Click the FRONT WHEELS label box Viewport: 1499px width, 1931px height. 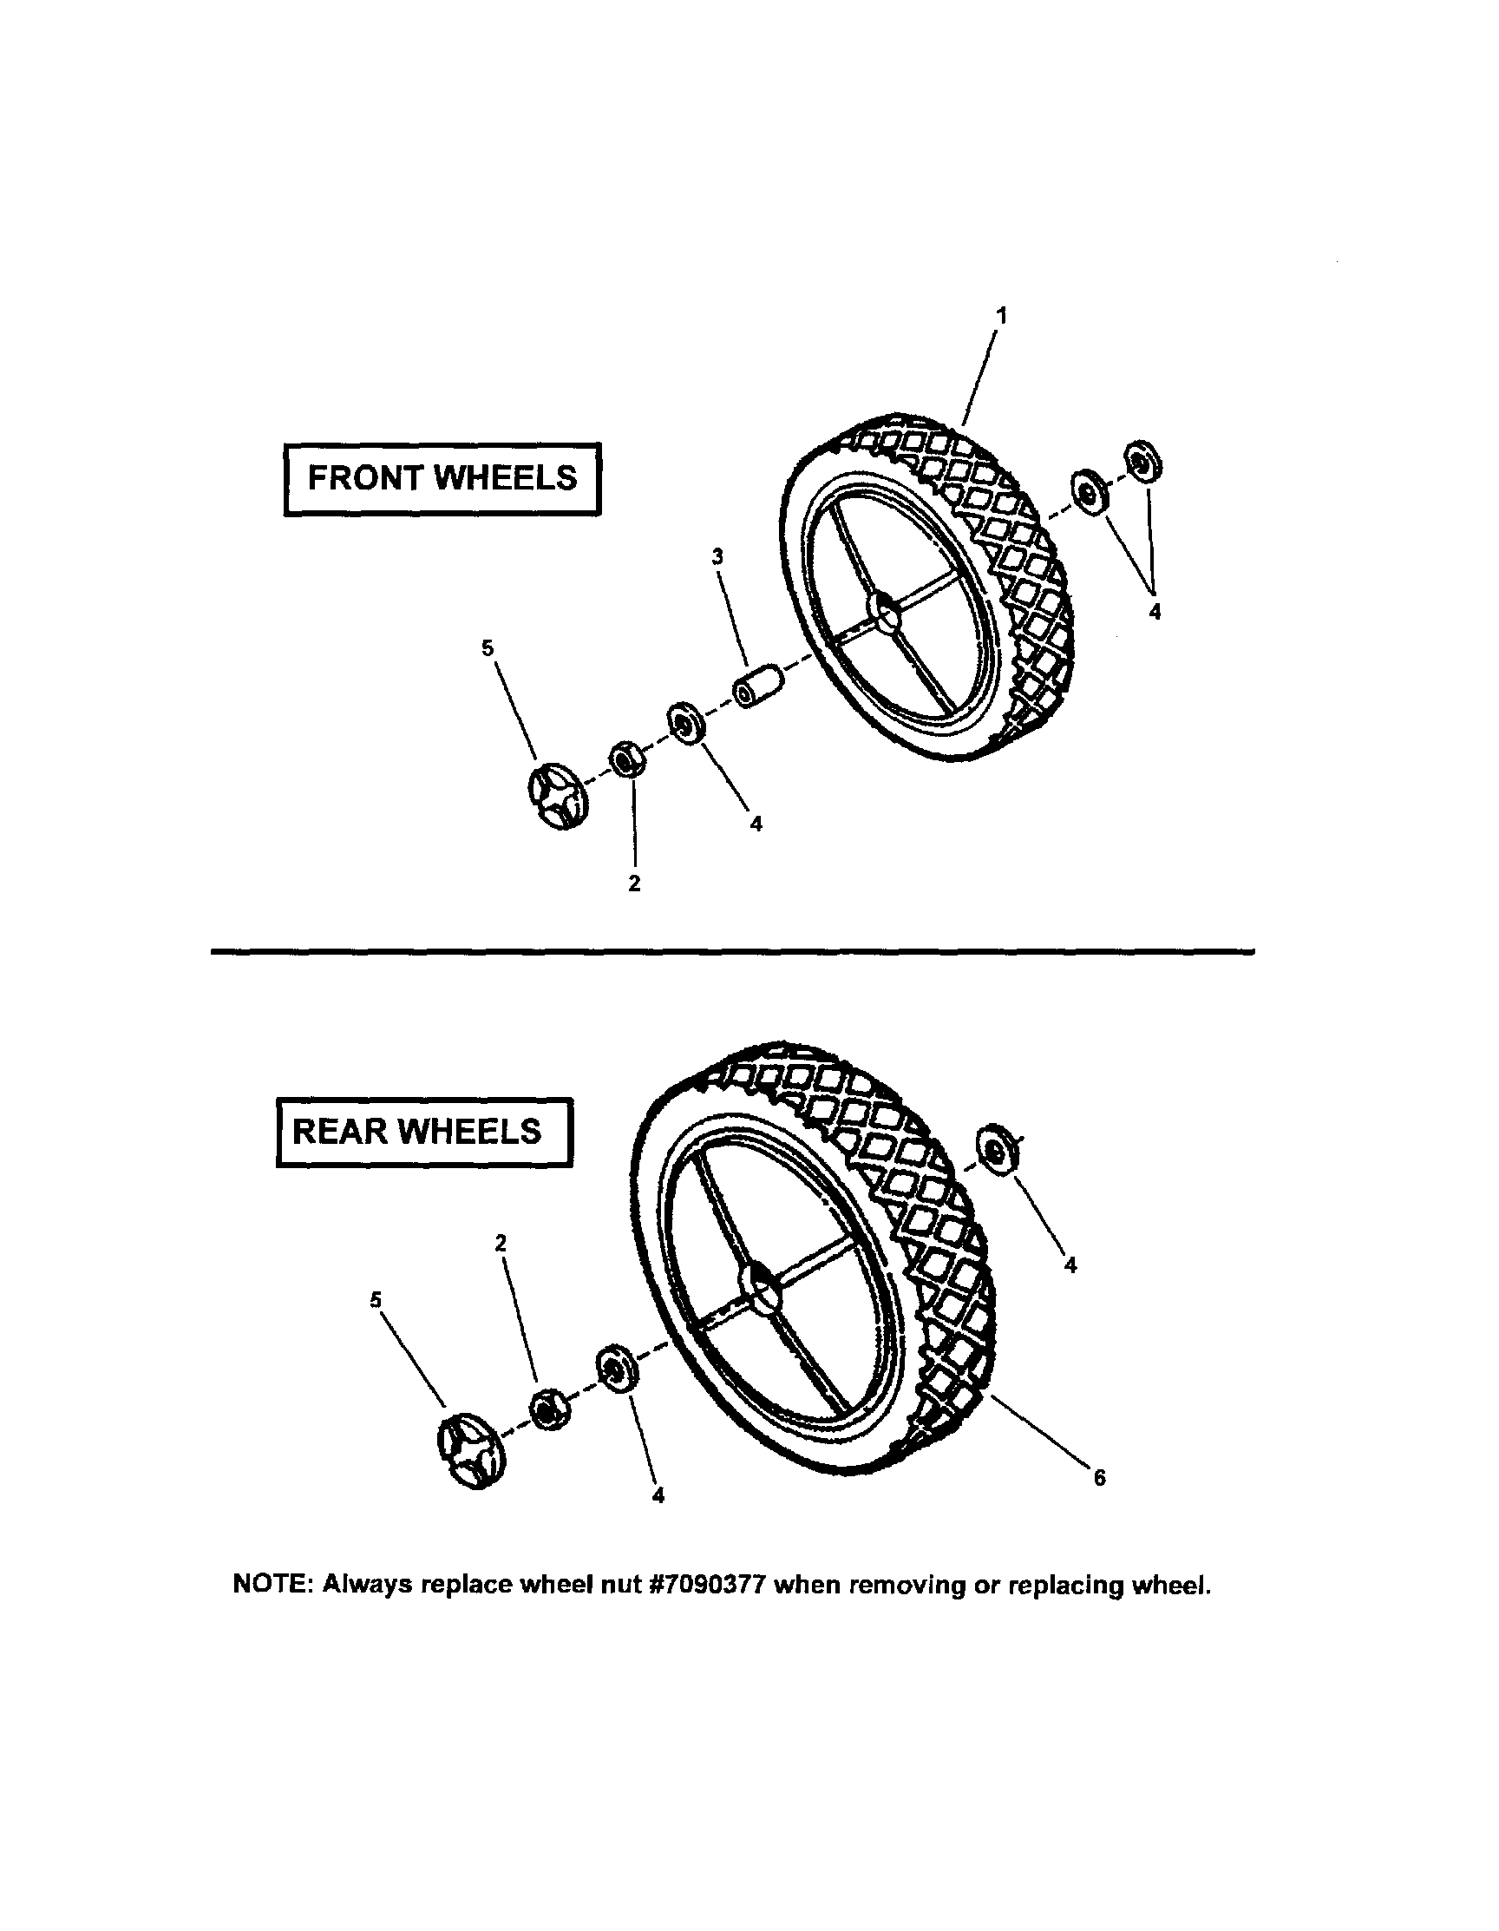(x=441, y=478)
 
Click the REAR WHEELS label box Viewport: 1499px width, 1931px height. (x=423, y=1132)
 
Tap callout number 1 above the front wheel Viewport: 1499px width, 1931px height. (x=1001, y=316)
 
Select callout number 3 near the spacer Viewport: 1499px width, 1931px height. (x=717, y=557)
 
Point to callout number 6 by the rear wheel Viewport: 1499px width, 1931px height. (x=1099, y=1477)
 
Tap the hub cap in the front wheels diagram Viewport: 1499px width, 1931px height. (x=557, y=798)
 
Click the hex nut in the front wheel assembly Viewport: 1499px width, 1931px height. (x=625, y=759)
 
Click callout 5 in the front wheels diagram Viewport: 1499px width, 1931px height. (x=488, y=648)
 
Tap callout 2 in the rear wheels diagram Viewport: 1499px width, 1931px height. (x=501, y=1242)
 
